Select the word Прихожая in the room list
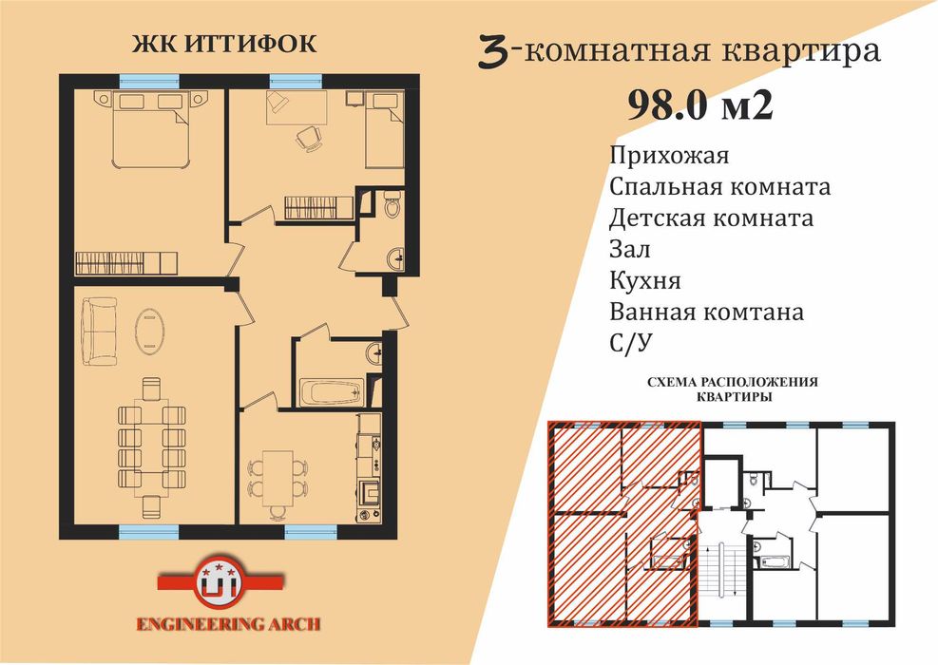pyautogui.click(x=669, y=155)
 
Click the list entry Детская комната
pyautogui.click(x=712, y=218)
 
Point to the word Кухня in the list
pyautogui.click(x=645, y=280)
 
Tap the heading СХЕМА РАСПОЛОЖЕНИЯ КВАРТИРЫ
pyautogui.click(x=732, y=389)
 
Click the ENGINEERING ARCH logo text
pyautogui.click(x=228, y=624)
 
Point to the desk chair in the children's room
pyautogui.click(x=308, y=139)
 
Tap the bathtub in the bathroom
pyautogui.click(x=330, y=391)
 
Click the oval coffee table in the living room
pyautogui.click(x=149, y=330)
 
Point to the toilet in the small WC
pyautogui.click(x=392, y=206)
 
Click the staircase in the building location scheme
pyautogui.click(x=719, y=570)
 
